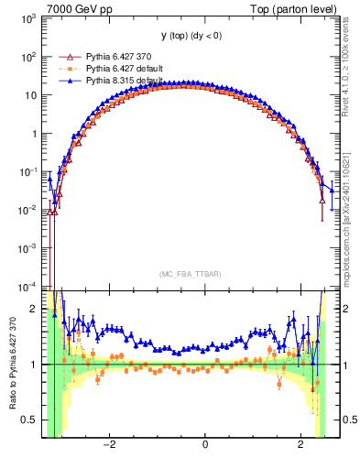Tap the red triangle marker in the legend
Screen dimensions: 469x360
click(x=65, y=56)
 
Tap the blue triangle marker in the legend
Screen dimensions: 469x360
click(x=65, y=81)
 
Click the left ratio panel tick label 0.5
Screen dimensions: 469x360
click(x=29, y=420)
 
